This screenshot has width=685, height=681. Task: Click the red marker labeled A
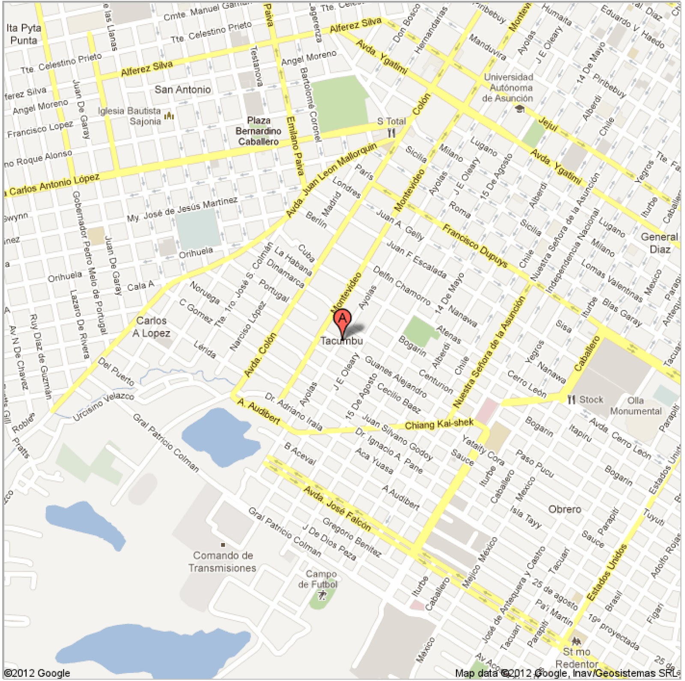point(342,319)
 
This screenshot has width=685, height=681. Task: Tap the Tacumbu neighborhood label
point(342,341)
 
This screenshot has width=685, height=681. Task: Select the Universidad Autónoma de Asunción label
point(508,88)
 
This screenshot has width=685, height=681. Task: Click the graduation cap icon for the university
point(520,109)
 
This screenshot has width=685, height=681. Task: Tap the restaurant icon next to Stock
point(571,400)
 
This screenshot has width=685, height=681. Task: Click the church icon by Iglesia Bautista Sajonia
point(170,116)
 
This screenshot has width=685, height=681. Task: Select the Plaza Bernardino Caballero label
point(259,131)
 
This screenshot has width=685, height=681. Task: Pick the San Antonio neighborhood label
point(183,89)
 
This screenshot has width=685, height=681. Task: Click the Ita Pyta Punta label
point(24,34)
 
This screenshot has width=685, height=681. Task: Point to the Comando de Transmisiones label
point(223,562)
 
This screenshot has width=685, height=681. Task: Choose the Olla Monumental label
point(636,406)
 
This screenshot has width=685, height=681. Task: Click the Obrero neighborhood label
point(565,509)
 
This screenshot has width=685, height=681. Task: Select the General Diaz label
point(659,243)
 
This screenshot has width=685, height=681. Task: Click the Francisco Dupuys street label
point(475,246)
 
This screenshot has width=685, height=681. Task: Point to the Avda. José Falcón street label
point(337,509)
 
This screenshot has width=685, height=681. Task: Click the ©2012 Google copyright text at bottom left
point(37,673)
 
